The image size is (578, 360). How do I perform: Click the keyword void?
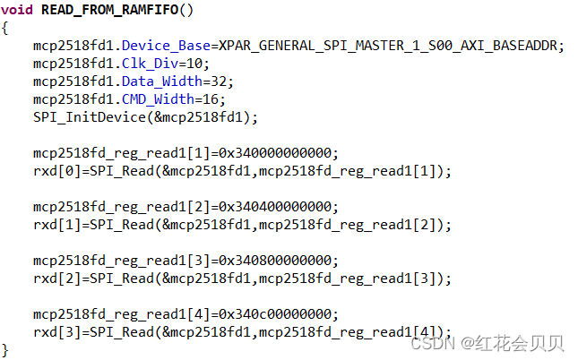pos(19,10)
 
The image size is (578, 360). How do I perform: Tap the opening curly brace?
pos(6,27)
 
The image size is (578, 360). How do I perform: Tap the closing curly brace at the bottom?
pos(6,348)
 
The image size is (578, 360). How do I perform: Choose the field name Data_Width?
pos(159,81)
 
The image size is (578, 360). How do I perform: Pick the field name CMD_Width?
pos(154,99)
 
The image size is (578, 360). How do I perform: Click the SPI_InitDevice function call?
pos(82,117)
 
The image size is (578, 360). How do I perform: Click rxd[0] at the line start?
pos(53,171)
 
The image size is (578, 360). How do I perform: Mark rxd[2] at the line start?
pos(53,279)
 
